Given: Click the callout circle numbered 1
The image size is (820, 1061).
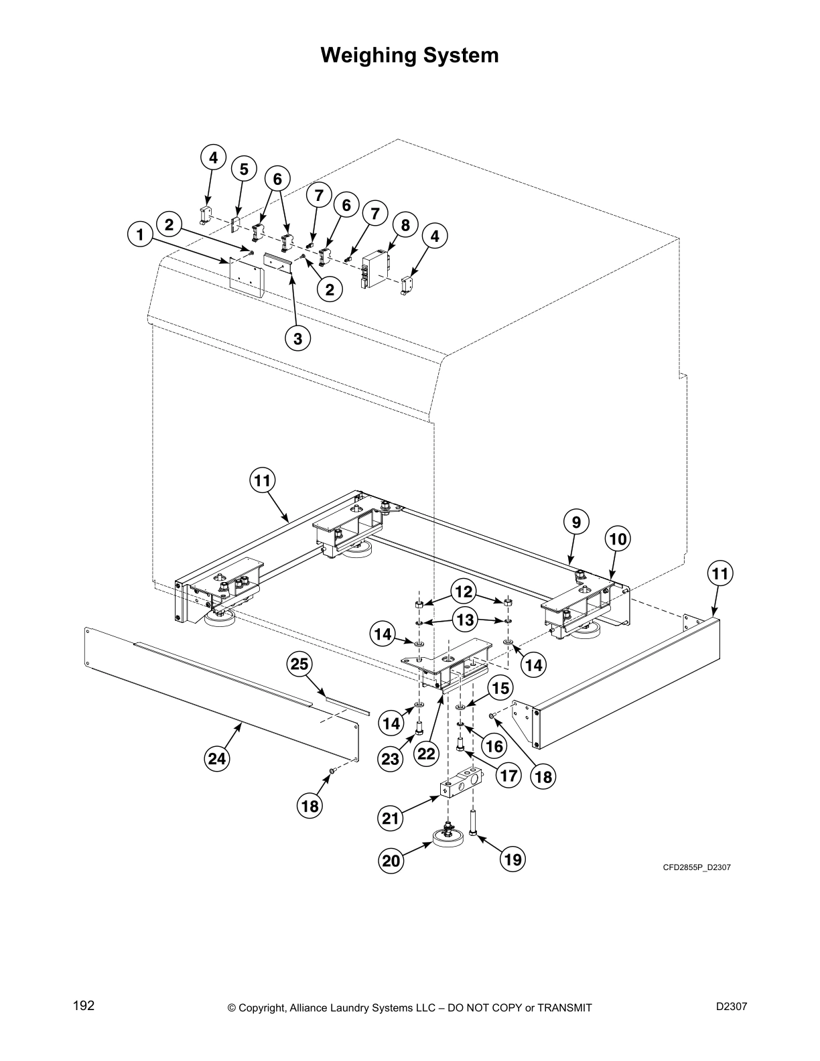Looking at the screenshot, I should [140, 235].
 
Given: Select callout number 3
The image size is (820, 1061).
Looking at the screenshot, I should [297, 339].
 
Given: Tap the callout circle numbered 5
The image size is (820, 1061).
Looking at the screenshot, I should [244, 169].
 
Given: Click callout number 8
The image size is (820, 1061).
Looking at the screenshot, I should [405, 226].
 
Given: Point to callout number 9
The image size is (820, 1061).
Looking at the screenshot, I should [577, 521].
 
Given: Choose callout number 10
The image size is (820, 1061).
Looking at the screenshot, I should [618, 539].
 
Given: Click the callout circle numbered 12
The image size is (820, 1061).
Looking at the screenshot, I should [464, 592].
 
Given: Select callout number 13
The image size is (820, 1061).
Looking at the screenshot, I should [464, 620].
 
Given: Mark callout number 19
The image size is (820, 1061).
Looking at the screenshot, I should [512, 859].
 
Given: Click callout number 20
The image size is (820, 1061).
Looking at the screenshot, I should [391, 861].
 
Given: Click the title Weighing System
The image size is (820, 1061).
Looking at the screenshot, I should [409, 55].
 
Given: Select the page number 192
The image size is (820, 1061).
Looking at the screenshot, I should [84, 1005].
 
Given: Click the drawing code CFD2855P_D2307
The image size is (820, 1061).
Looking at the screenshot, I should [697, 867].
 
